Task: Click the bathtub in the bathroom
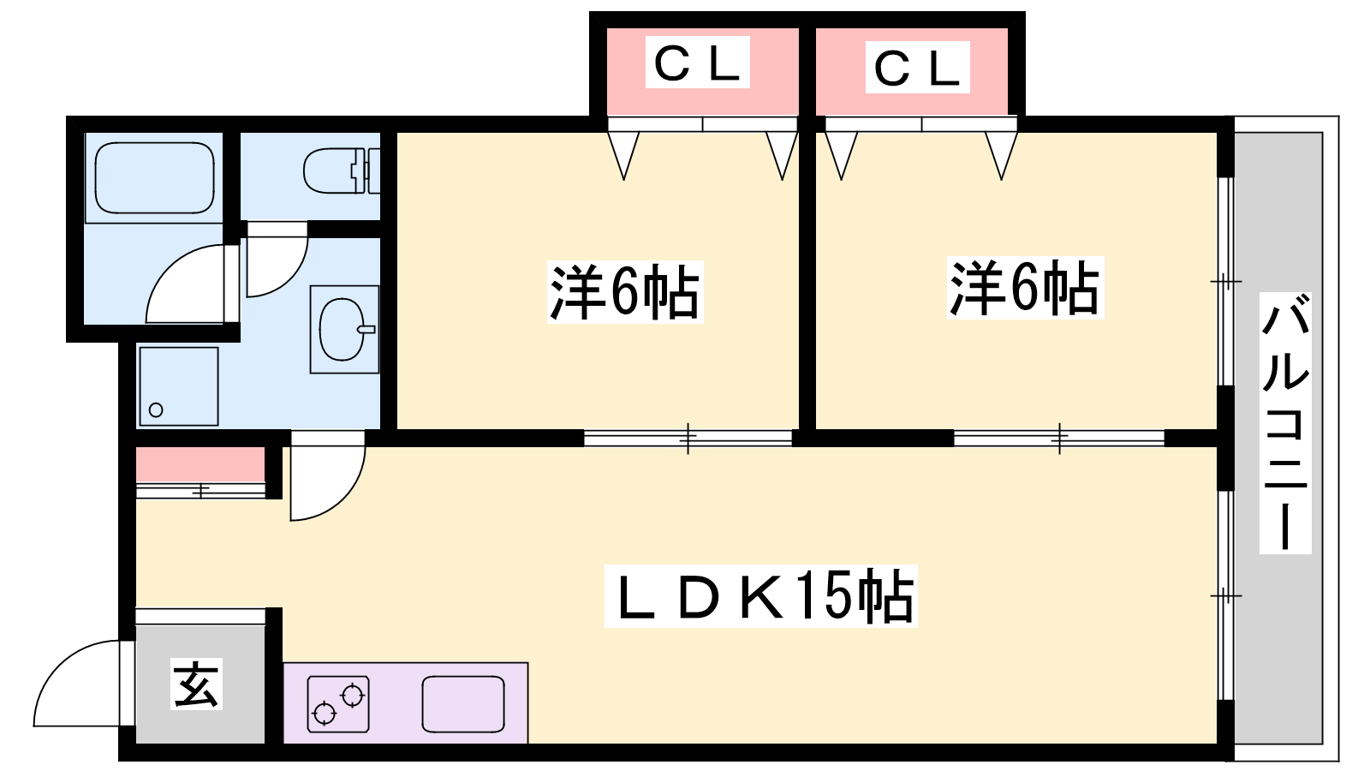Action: pos(154,177)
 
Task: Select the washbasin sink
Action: pos(343,329)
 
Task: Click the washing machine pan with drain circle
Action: pos(178,385)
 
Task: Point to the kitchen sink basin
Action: pos(462,703)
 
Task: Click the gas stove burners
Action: pos(338,703)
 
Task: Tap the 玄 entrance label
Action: pos(197,684)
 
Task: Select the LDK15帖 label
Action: pos(760,596)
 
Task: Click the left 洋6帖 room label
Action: pos(624,292)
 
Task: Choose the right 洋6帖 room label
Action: pos(1025,288)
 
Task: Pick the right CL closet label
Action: pos(917,68)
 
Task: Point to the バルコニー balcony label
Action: pos(1285,422)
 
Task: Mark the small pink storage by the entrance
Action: pos(200,465)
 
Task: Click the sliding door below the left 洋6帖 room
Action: pos(688,439)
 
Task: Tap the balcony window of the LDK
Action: pos(1225,595)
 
